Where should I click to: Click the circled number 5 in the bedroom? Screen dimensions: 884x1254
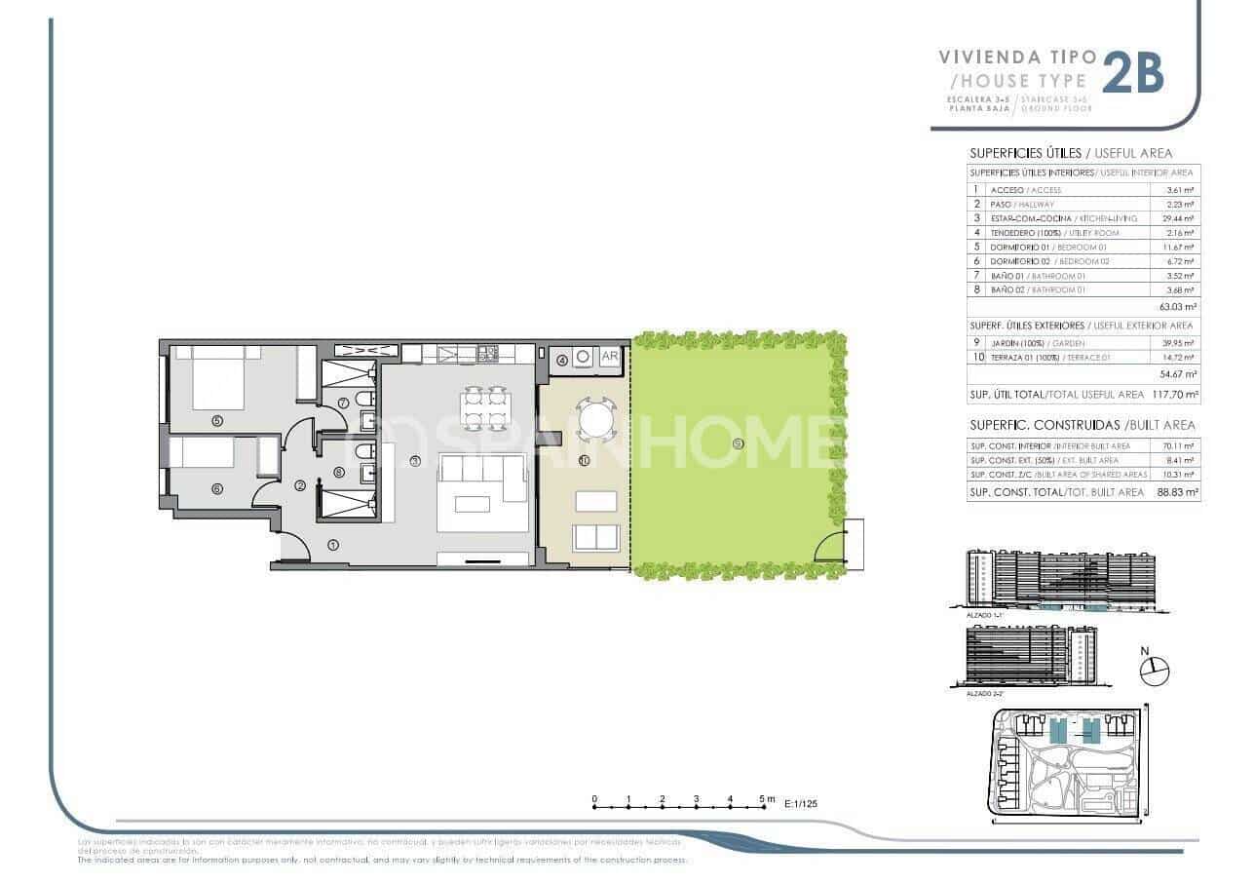click(216, 421)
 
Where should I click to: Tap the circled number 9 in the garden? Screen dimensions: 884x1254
click(738, 443)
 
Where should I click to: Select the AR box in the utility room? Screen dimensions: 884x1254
click(610, 357)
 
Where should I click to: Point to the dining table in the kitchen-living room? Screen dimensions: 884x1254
click(484, 408)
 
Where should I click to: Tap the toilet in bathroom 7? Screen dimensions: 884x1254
click(361, 402)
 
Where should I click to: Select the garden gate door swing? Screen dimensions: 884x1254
click(829, 547)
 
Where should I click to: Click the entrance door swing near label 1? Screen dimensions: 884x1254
click(295, 548)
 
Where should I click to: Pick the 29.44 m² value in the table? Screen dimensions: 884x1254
click(1182, 219)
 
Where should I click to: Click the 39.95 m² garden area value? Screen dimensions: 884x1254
click(1182, 343)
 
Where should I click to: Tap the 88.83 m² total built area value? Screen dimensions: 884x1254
click(1178, 493)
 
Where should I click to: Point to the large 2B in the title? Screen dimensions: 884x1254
click(1133, 73)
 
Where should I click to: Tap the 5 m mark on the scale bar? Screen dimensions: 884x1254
click(764, 806)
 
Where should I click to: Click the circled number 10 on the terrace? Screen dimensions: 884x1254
click(584, 460)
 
